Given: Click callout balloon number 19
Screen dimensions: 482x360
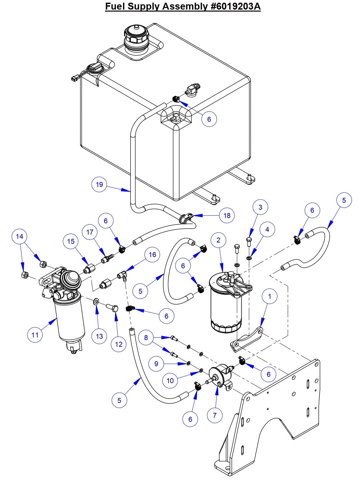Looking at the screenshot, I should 100,184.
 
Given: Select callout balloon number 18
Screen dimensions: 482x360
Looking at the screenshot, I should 227,215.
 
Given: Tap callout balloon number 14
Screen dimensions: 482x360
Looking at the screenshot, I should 20,236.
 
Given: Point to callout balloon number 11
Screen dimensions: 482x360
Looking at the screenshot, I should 35,335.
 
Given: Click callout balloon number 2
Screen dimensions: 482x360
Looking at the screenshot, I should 218,240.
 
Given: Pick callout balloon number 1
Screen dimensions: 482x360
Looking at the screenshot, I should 270,296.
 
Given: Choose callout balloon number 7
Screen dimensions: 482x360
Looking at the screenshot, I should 215,415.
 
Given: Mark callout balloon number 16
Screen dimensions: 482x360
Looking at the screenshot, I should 152,254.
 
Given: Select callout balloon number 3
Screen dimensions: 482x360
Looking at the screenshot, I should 260,207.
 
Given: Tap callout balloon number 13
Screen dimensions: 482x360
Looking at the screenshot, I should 100,336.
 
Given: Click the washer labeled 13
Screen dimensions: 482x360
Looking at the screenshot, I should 96,301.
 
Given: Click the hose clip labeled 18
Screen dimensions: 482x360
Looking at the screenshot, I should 186,218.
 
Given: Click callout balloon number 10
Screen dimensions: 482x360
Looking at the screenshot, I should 170,380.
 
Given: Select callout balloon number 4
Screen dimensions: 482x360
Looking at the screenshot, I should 267,229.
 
